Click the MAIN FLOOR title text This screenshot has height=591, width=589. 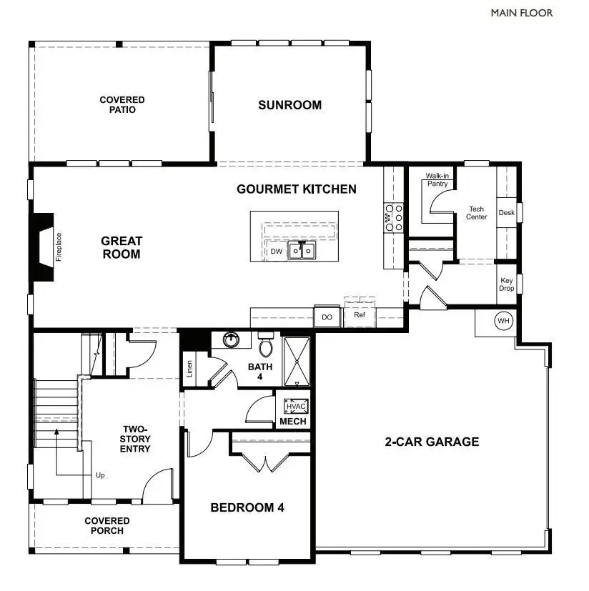tap(521, 13)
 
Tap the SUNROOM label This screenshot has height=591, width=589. tap(289, 105)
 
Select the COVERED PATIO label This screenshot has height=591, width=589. tap(122, 105)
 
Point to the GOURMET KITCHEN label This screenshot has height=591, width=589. tap(296, 189)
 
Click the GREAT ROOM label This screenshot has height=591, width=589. tap(121, 247)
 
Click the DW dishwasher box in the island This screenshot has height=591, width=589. tap(276, 251)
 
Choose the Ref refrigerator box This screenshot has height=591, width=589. tap(359, 314)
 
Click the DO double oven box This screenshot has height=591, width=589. tap(327, 317)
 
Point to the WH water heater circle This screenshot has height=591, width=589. tap(503, 322)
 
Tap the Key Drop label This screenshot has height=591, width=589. tap(506, 284)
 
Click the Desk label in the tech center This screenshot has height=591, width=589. tap(506, 212)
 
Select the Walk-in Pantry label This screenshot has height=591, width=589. tap(437, 179)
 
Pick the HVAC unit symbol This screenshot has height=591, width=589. tap(295, 407)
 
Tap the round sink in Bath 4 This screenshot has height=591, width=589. tap(231, 340)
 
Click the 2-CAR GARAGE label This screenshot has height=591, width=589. tap(432, 442)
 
